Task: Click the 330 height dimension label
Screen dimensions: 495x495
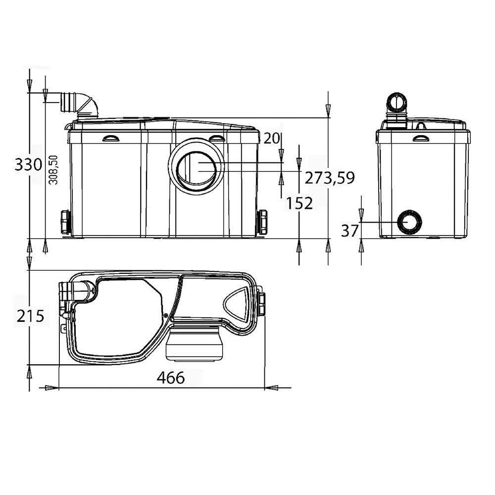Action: pos(28,165)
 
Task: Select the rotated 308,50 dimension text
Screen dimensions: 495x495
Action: pos(53,169)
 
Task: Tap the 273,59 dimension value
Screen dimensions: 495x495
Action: pos(329,178)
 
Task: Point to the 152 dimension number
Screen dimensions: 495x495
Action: pos(299,203)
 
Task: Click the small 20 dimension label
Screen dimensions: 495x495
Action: pos(271,138)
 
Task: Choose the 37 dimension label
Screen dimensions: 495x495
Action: pos(349,231)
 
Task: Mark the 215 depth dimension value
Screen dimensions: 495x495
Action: pos(31,316)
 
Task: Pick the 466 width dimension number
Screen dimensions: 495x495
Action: pos(171,377)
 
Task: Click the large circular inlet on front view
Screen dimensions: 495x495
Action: pos(197,167)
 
